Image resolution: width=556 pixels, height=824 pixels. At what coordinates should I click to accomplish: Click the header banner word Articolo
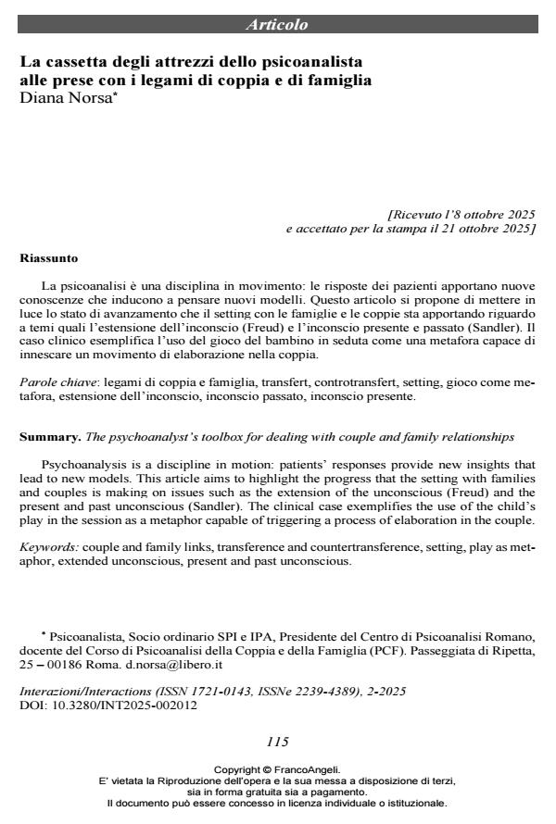point(277,25)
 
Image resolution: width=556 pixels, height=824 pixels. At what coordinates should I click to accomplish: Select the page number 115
point(277,742)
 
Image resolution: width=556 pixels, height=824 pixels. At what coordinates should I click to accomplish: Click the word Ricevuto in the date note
point(420,213)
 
